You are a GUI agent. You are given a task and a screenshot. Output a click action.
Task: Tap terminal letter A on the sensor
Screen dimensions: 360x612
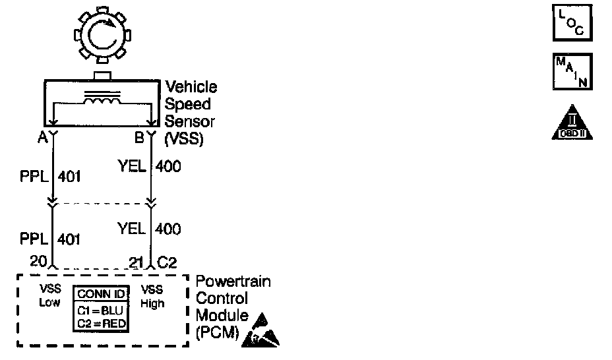tap(42, 138)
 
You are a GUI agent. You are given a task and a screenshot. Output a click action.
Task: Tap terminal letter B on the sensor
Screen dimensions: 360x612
tap(139, 138)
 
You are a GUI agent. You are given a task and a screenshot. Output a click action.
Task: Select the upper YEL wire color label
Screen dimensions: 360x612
tap(132, 167)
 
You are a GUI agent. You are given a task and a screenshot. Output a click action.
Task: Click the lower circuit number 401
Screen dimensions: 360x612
tap(69, 239)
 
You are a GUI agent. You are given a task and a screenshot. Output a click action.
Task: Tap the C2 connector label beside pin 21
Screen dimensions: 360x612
tap(166, 262)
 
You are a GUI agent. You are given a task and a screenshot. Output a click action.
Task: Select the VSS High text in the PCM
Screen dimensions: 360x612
tap(152, 297)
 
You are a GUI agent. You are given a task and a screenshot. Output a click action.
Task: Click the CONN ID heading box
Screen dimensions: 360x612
tap(101, 294)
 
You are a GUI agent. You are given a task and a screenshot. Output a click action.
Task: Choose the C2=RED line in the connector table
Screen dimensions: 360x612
tap(101, 322)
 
